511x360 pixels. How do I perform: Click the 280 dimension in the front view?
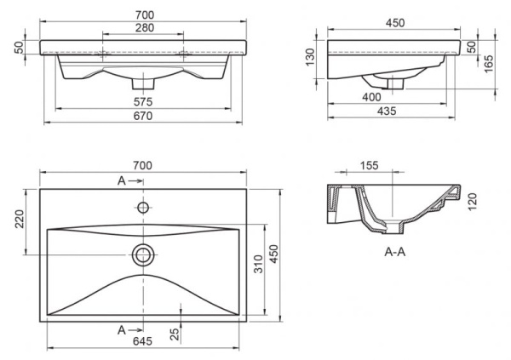click(x=142, y=28)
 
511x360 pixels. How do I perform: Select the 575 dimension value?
click(x=142, y=102)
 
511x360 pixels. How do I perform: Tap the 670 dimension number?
click(x=142, y=117)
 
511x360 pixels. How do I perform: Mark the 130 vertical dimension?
click(x=311, y=58)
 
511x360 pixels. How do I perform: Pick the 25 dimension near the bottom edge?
click(x=174, y=334)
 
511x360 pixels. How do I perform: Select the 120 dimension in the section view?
click(x=474, y=201)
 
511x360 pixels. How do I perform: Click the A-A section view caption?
click(x=394, y=252)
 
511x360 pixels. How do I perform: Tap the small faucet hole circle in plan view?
click(x=142, y=207)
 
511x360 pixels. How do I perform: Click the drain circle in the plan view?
click(x=142, y=253)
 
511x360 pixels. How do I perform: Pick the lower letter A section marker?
click(x=123, y=329)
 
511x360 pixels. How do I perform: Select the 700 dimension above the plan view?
click(x=142, y=164)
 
